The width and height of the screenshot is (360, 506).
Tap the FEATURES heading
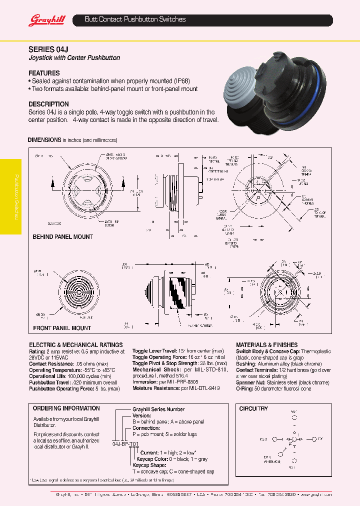tap(44, 73)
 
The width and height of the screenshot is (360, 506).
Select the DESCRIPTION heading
tap(48, 104)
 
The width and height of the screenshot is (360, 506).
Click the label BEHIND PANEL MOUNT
tap(62, 236)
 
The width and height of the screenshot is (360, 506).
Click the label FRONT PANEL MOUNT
tap(61, 328)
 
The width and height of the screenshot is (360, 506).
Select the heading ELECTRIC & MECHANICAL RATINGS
tap(75, 345)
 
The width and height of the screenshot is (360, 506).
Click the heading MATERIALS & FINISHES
tap(266, 345)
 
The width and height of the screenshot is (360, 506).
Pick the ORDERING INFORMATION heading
tap(66, 408)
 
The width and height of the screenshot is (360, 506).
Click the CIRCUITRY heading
tap(253, 408)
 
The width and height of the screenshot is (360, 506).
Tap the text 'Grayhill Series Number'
tap(158, 409)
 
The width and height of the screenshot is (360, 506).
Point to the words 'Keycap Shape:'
tap(149, 465)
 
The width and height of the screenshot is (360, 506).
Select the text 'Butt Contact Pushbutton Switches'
tap(135, 19)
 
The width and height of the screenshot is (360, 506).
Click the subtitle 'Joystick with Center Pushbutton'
tap(74, 58)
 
